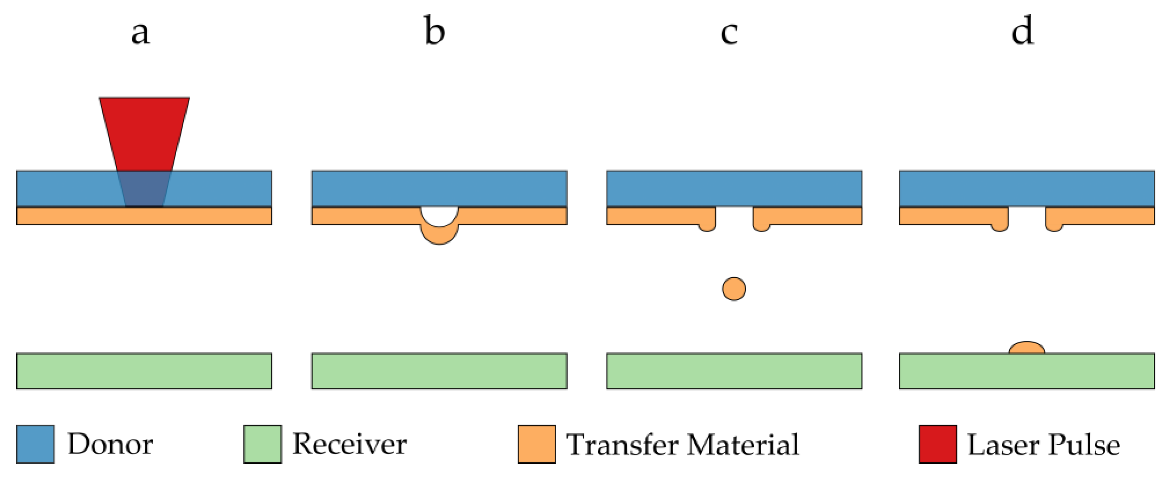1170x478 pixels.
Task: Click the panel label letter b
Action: click(x=434, y=31)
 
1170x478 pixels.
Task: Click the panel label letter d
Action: click(x=1022, y=31)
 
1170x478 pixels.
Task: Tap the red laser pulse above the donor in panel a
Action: click(x=145, y=132)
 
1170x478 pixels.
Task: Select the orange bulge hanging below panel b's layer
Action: click(x=439, y=236)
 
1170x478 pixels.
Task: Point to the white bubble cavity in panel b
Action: click(x=439, y=215)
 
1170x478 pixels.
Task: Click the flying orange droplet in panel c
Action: click(x=733, y=289)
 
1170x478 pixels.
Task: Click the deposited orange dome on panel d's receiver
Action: click(x=1027, y=348)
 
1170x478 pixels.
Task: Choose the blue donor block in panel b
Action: click(x=439, y=189)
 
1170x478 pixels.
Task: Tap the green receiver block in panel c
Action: click(x=734, y=371)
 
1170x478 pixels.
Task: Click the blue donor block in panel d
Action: click(x=1027, y=189)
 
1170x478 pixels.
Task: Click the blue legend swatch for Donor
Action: click(x=35, y=444)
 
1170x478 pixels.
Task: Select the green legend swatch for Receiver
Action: click(x=263, y=444)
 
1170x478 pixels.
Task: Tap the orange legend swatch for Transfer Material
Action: click(x=536, y=444)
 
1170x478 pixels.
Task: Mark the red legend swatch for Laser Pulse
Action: click(x=937, y=444)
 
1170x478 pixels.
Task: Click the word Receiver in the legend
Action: click(x=349, y=444)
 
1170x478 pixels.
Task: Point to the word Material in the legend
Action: click(x=743, y=445)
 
